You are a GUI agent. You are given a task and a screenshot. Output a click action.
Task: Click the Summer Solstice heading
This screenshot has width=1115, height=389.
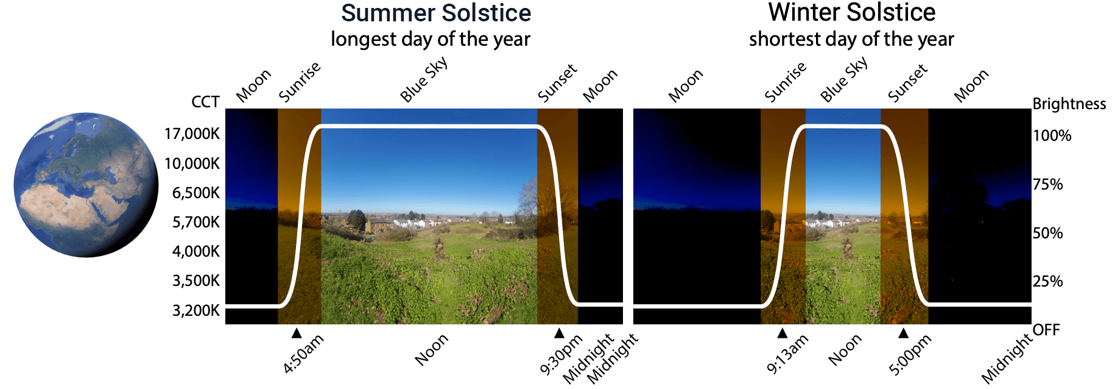pos(435,13)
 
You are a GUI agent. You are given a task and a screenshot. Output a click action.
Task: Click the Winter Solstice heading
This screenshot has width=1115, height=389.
pos(851,12)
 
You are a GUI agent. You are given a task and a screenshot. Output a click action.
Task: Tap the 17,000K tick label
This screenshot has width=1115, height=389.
pos(192,134)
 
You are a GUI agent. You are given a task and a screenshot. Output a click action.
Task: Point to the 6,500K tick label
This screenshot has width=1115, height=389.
pos(195,193)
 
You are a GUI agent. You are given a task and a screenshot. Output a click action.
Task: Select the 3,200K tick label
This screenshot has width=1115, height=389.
pos(195,310)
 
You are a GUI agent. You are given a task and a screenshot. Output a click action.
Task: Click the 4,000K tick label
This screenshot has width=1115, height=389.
pos(195,251)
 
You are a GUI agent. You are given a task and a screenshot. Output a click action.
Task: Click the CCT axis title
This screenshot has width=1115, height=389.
pos(205,102)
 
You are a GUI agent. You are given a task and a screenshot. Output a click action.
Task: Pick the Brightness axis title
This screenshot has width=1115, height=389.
pos(1069,104)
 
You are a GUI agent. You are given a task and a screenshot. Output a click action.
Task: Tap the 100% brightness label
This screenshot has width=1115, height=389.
pos(1052,135)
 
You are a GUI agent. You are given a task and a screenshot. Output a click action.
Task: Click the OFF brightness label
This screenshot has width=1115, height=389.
pos(1046,330)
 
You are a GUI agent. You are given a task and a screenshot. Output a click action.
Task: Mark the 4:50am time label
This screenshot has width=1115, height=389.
pos(303,354)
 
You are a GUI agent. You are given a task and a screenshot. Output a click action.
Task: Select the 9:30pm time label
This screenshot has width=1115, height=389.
pos(561,354)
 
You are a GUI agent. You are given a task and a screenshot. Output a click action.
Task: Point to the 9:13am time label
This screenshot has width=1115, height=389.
pos(787,354)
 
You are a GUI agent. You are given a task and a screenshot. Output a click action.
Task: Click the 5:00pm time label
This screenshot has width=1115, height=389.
pos(910,354)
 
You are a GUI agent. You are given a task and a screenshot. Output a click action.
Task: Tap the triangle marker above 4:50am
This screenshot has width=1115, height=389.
pos(297,333)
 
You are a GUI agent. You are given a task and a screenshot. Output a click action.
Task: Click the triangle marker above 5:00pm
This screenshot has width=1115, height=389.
pos(904,333)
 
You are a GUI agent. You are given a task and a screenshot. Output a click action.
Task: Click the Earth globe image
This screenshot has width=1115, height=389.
pos(86,185)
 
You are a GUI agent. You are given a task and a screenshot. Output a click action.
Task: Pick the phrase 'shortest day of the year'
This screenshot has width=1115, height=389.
pos(851,39)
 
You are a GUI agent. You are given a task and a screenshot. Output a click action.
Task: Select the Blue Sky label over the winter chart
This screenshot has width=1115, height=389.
pos(844,80)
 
